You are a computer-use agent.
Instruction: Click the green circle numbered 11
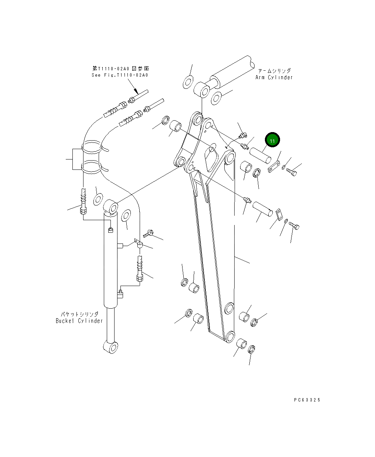(x=272, y=141)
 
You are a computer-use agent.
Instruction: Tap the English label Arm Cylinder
(x=274, y=77)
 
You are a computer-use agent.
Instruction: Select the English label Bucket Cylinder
(x=79, y=320)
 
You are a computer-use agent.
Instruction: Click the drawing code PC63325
(x=307, y=400)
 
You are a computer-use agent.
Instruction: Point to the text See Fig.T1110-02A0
(x=120, y=75)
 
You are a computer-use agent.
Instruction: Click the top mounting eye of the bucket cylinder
(x=111, y=206)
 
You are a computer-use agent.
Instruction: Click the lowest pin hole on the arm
(x=229, y=336)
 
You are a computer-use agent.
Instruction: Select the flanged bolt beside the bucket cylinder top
(x=150, y=233)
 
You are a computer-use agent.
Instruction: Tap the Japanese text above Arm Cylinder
(x=274, y=70)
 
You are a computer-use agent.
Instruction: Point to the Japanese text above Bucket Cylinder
(x=79, y=314)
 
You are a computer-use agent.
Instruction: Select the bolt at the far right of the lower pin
(x=294, y=225)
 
